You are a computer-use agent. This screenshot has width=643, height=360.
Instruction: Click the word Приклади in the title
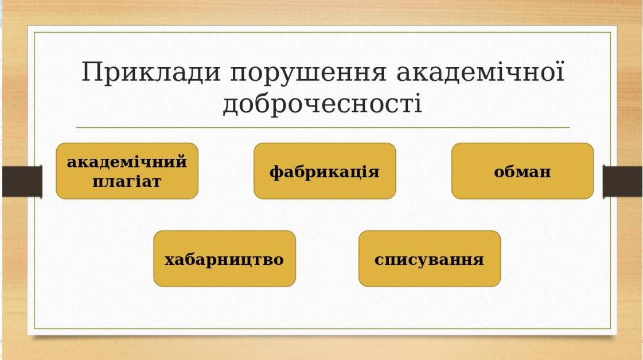pyautogui.click(x=151, y=73)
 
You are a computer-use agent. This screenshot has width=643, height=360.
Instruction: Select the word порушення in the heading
pyautogui.click(x=308, y=74)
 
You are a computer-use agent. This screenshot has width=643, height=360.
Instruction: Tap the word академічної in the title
pyautogui.click(x=481, y=73)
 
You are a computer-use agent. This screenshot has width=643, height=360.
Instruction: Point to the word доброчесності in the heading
pyautogui.click(x=322, y=104)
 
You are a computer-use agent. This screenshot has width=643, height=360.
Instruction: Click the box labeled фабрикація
pyautogui.click(x=325, y=171)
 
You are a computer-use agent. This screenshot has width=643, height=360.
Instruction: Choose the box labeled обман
pyautogui.click(x=523, y=171)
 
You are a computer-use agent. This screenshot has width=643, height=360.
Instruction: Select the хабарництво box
pyautogui.click(x=225, y=259)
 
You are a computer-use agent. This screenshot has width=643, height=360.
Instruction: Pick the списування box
pyautogui.click(x=430, y=259)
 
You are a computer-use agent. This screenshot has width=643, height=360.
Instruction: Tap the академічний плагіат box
pyautogui.click(x=127, y=171)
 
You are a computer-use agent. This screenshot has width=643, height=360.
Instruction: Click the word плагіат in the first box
pyautogui.click(x=127, y=181)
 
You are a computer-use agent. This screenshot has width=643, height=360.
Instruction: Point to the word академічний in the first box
pyautogui.click(x=127, y=162)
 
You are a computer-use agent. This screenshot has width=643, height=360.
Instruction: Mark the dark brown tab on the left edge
pyautogui.click(x=22, y=181)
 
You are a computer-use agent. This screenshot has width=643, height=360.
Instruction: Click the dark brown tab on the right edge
pyautogui.click(x=622, y=181)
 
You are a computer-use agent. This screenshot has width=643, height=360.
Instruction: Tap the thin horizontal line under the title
pyautogui.click(x=323, y=127)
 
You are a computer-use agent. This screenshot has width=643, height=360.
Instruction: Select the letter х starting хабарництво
pyautogui.click(x=169, y=260)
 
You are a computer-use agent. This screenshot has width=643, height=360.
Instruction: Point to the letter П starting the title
pyautogui.click(x=91, y=73)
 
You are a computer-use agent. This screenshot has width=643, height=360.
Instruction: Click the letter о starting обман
pyautogui.click(x=499, y=172)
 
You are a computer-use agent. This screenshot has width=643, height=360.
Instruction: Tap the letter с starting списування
pyautogui.click(x=379, y=260)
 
